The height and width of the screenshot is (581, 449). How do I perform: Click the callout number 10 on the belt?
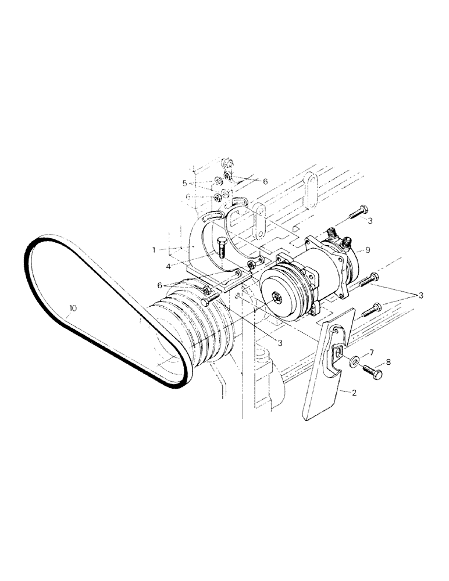(72, 309)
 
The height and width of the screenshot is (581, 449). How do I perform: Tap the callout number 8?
(388, 361)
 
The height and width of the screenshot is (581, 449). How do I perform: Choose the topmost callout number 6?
(265, 182)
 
